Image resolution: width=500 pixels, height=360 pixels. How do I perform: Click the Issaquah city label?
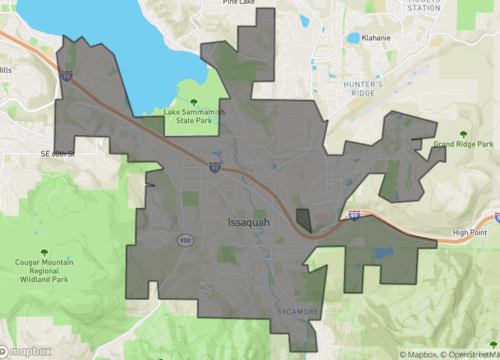(x=249, y=222)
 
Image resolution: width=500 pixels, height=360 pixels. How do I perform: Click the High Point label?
(x=468, y=233)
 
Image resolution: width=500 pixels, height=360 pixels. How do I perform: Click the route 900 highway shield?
(x=185, y=241)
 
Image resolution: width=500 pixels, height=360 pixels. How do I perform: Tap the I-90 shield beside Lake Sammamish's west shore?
(x=65, y=75)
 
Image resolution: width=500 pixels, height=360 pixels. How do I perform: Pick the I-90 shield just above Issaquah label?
(x=214, y=168)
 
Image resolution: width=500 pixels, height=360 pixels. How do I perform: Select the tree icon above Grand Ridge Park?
(x=463, y=132)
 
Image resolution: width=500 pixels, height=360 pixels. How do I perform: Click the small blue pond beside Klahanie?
(x=353, y=38)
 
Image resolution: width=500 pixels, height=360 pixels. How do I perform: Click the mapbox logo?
(x=25, y=351)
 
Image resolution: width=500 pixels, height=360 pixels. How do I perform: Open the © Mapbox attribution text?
(x=420, y=353)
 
